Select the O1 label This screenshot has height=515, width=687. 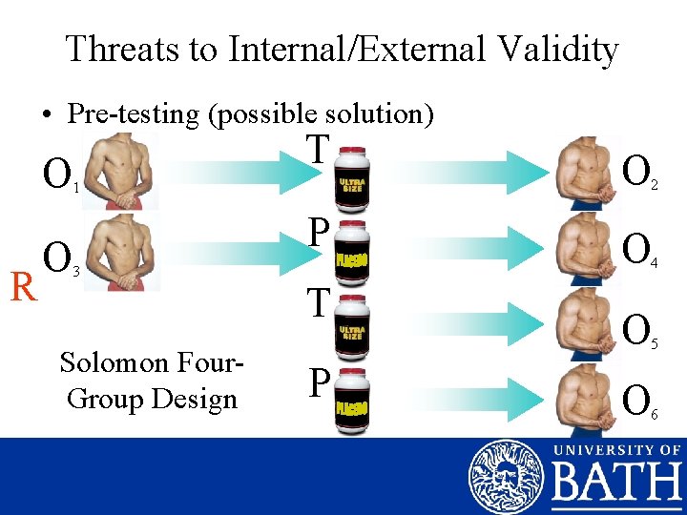tap(58, 175)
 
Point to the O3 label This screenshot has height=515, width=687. tap(58, 257)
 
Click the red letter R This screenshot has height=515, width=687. tap(22, 286)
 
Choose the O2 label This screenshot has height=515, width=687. tap(638, 173)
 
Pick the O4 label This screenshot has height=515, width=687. tap(638, 250)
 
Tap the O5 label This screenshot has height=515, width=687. tap(638, 330)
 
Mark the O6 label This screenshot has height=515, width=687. tap(638, 396)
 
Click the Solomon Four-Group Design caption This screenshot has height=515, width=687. tap(152, 380)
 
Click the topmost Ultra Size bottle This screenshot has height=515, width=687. tap(351, 175)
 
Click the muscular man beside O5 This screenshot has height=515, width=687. tap(585, 326)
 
